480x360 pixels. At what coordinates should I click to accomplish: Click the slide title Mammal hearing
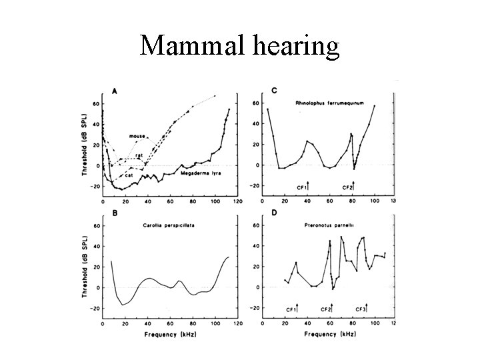coord(240,45)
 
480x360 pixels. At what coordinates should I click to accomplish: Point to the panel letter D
coord(257,213)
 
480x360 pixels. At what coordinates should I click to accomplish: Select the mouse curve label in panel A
coord(137,136)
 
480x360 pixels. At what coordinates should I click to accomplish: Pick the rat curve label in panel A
coord(139,155)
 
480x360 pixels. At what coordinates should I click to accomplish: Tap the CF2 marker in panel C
coord(348,187)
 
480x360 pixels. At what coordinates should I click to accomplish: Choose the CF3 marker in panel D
coord(362,309)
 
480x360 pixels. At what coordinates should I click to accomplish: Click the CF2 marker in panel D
coord(327,309)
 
